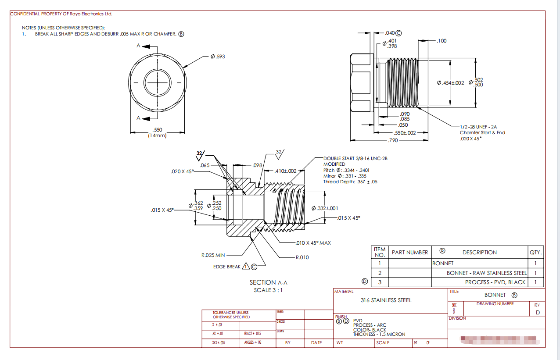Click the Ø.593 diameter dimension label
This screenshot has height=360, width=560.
pos(218,57)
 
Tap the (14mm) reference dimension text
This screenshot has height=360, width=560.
pos(157,135)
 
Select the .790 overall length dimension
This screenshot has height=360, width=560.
pos(393,140)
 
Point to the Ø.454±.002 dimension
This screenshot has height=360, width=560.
pos(451,83)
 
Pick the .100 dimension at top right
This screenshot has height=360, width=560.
pos(442,41)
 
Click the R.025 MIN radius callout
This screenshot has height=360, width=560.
pos(213,255)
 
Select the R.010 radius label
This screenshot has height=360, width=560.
pos(302,257)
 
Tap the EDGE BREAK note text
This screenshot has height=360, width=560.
pos(227,267)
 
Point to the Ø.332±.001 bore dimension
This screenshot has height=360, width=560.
pos(324,208)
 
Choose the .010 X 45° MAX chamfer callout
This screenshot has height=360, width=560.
pos(313,242)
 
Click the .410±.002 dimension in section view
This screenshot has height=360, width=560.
pos(286,171)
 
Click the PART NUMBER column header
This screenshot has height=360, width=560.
pos(409,252)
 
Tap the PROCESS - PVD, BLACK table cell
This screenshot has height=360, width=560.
pos(495,282)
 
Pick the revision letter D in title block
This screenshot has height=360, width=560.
pos(538,312)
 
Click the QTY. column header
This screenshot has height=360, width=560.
pos(535,252)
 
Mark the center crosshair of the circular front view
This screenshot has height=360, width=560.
pos(157,82)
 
